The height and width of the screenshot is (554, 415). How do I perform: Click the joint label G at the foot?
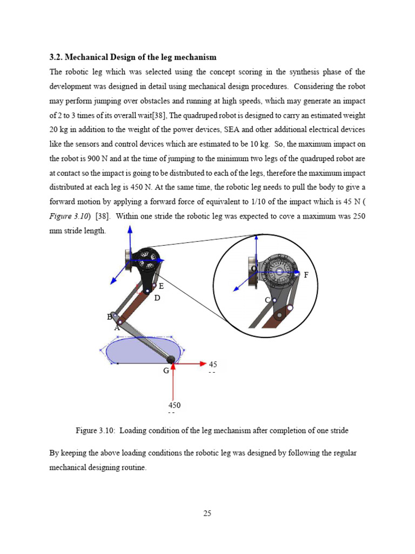(166, 371)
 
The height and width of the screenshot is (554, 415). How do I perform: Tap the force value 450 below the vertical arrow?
(174, 405)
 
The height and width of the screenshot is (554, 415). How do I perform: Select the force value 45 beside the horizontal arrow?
(213, 364)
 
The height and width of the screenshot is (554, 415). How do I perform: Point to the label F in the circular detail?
(306, 275)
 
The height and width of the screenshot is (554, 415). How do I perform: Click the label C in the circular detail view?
(267, 300)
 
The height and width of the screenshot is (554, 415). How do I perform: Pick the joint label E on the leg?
(161, 286)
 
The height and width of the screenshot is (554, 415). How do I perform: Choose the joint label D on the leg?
(157, 298)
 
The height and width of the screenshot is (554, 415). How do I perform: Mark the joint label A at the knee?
(117, 327)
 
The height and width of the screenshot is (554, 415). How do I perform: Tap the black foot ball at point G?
(171, 359)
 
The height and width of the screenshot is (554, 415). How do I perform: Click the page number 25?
(207, 513)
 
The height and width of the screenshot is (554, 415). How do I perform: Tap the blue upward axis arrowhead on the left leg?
(130, 230)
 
